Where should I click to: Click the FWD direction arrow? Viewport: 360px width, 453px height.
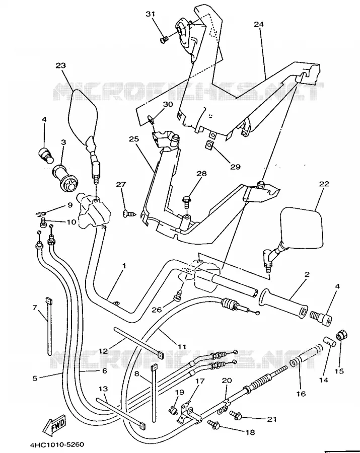click(54, 424)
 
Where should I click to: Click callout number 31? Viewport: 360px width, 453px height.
click(150, 14)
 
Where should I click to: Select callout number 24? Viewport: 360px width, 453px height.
click(259, 24)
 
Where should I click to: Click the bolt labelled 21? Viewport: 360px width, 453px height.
click(236, 415)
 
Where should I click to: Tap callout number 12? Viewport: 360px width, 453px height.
click(103, 351)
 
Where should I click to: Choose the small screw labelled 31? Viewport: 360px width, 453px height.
click(164, 39)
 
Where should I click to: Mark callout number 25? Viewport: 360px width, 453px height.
click(134, 139)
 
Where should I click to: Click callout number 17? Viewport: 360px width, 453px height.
click(200, 382)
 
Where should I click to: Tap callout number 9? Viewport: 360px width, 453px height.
click(69, 205)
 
